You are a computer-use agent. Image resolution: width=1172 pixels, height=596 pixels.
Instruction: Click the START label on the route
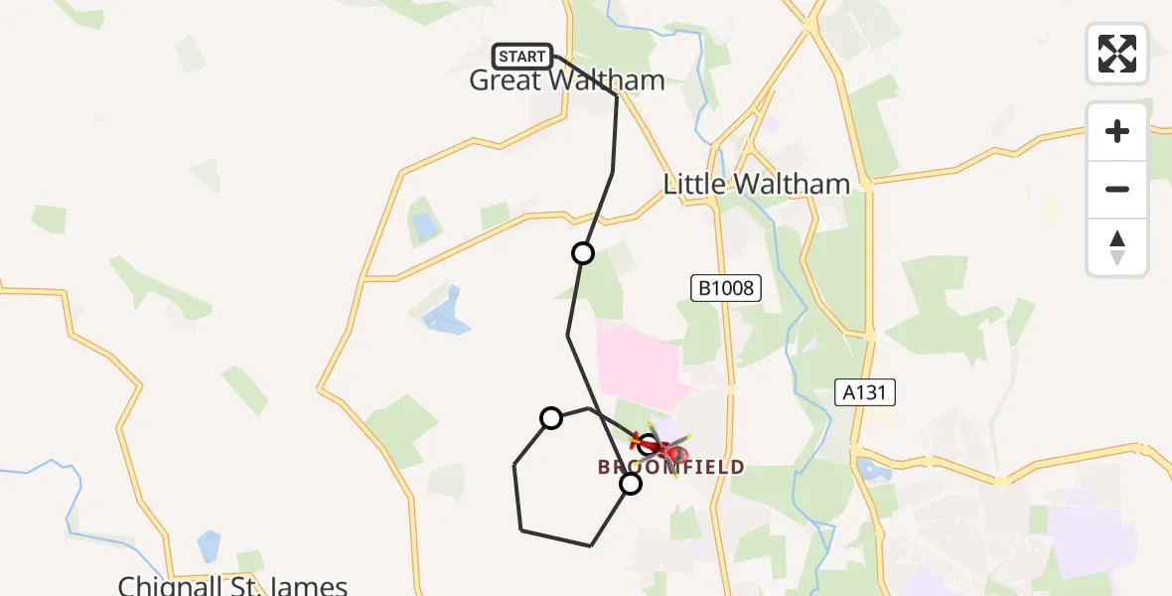[522, 57]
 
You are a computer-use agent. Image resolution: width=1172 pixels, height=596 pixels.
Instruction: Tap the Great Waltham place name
[566, 80]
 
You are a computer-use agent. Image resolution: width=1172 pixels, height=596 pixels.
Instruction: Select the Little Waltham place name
[756, 184]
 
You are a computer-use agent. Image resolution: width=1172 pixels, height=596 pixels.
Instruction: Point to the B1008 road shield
[725, 289]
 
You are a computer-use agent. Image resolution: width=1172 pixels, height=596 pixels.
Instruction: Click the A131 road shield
[864, 393]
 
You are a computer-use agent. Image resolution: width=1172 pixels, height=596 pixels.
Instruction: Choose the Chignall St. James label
[232, 584]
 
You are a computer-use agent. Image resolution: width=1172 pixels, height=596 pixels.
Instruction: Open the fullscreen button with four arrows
[1116, 54]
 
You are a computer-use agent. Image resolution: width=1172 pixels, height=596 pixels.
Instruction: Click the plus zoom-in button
[1116, 131]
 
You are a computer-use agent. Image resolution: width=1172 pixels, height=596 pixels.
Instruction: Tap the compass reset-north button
[1116, 247]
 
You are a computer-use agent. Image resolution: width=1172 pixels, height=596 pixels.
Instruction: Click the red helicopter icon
[667, 452]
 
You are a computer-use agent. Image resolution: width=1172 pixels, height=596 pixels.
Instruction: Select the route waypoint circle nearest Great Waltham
[583, 253]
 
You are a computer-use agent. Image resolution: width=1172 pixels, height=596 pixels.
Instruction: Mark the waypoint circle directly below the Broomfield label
[631, 484]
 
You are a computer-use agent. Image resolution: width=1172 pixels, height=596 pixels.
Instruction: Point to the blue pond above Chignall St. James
[209, 545]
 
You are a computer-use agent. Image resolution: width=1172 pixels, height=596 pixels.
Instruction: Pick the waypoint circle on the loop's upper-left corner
[551, 418]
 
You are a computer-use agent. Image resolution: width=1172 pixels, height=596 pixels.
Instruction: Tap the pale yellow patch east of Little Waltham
[1048, 211]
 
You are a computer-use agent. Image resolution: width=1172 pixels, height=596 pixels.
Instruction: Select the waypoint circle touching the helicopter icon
[648, 444]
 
